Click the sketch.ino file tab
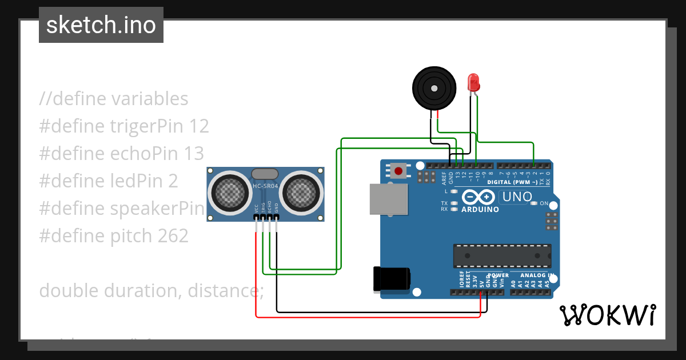click(x=101, y=25)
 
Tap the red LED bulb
click(x=473, y=83)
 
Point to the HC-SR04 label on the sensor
click(x=265, y=186)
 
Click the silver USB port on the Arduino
click(x=389, y=199)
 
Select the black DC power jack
click(x=391, y=278)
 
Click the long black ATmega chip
click(x=502, y=255)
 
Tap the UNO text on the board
click(x=515, y=197)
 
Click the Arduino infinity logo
click(x=478, y=197)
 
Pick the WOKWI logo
click(x=607, y=315)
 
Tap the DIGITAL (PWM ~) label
click(x=512, y=182)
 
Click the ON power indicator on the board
click(x=544, y=203)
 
